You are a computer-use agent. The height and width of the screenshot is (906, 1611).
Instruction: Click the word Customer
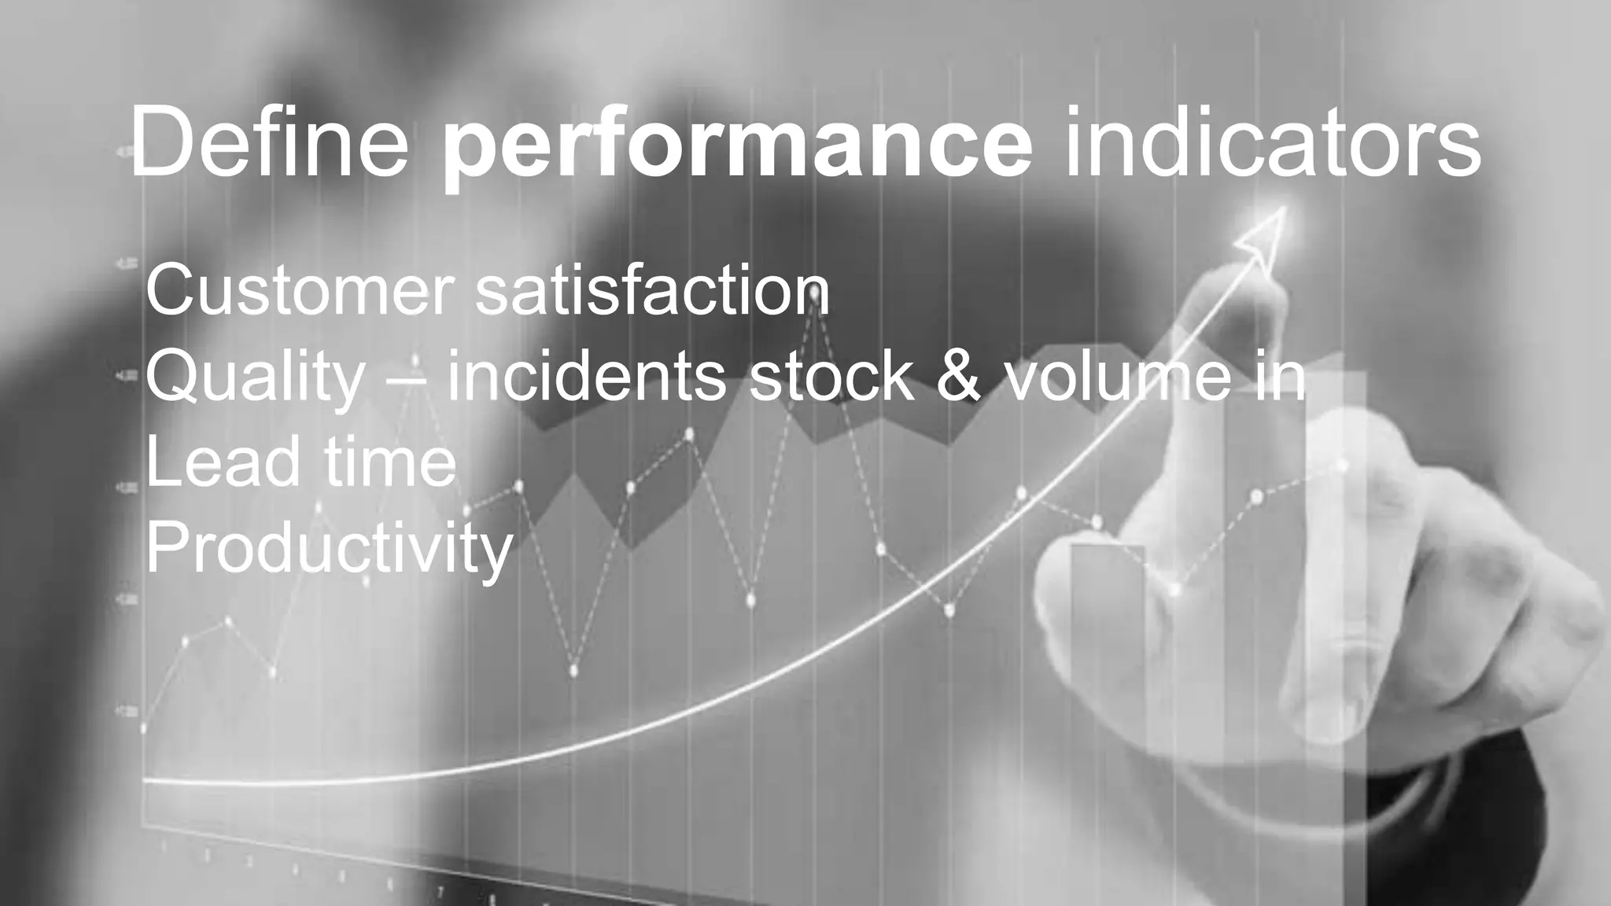(x=300, y=291)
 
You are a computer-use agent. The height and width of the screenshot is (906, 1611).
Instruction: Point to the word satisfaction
(x=652, y=291)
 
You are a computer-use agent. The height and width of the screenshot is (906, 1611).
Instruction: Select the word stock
(x=831, y=377)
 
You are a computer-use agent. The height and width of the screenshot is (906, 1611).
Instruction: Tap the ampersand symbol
(x=960, y=377)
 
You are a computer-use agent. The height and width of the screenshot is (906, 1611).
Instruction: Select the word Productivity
(x=329, y=549)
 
